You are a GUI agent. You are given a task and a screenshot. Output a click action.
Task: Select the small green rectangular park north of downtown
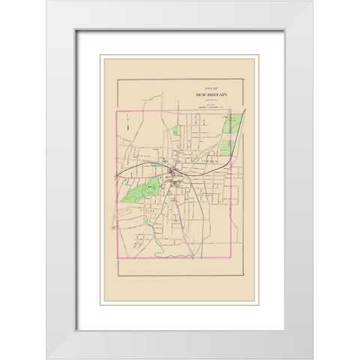(175, 130)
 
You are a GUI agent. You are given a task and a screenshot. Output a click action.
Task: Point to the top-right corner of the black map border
(246, 79)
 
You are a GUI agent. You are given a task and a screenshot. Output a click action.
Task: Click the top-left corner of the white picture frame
(46, 1)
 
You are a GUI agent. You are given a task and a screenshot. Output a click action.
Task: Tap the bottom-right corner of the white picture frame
(313, 358)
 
